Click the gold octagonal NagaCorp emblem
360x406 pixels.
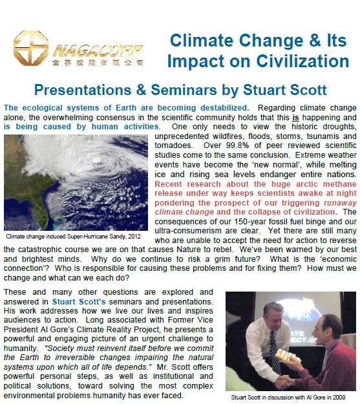click(x=31, y=48)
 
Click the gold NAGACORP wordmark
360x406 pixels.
click(x=98, y=51)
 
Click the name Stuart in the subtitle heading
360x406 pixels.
click(x=264, y=90)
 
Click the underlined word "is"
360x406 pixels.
click(x=295, y=118)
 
